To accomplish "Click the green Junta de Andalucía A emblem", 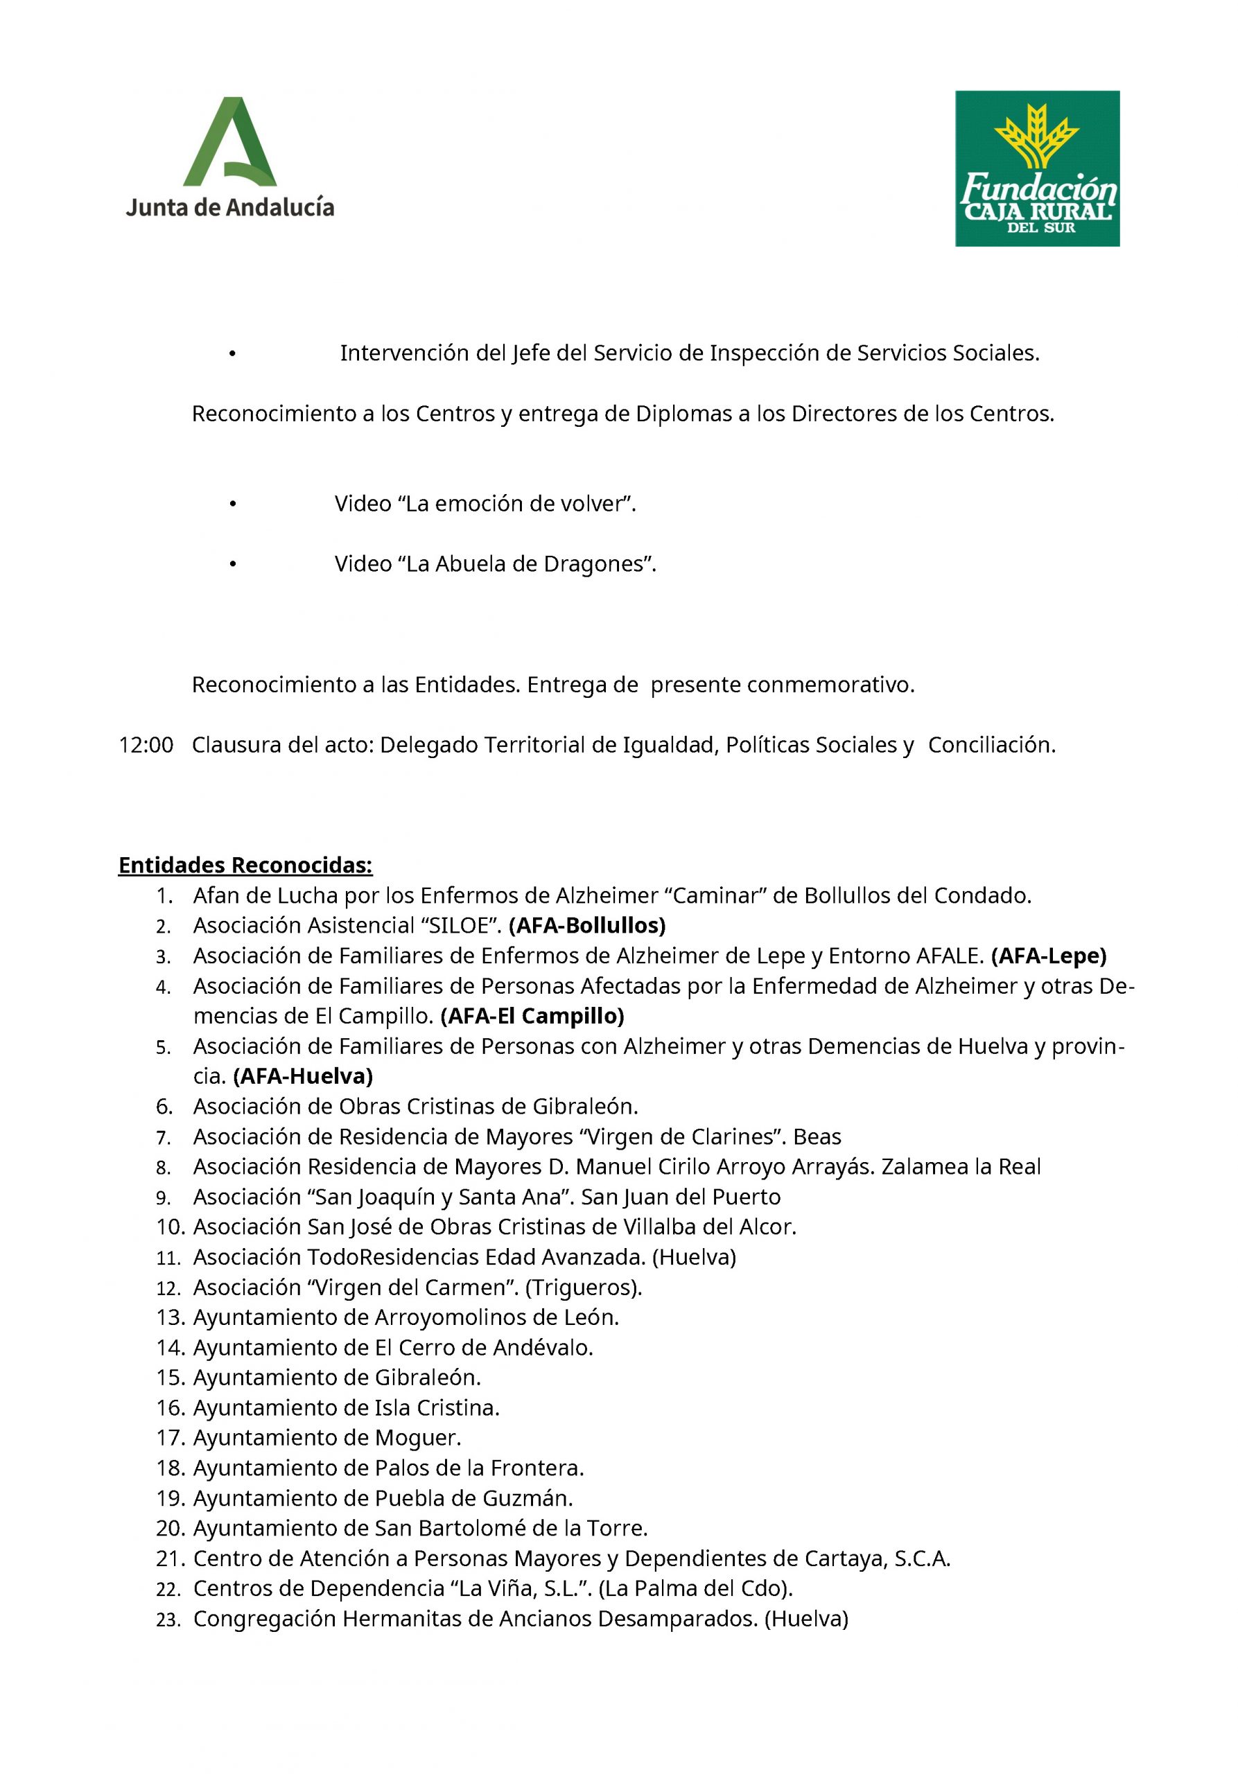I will click(x=229, y=142).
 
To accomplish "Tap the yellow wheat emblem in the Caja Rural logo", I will click(x=1036, y=136).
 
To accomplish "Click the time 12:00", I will click(x=146, y=745).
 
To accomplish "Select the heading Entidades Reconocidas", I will click(x=245, y=865).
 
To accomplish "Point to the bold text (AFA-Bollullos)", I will click(x=586, y=925).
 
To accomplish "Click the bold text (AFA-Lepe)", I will click(x=1048, y=956).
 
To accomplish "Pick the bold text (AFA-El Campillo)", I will click(x=532, y=1015).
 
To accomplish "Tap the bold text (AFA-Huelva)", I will click(x=303, y=1075).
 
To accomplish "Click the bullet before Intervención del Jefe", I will click(x=232, y=354).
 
